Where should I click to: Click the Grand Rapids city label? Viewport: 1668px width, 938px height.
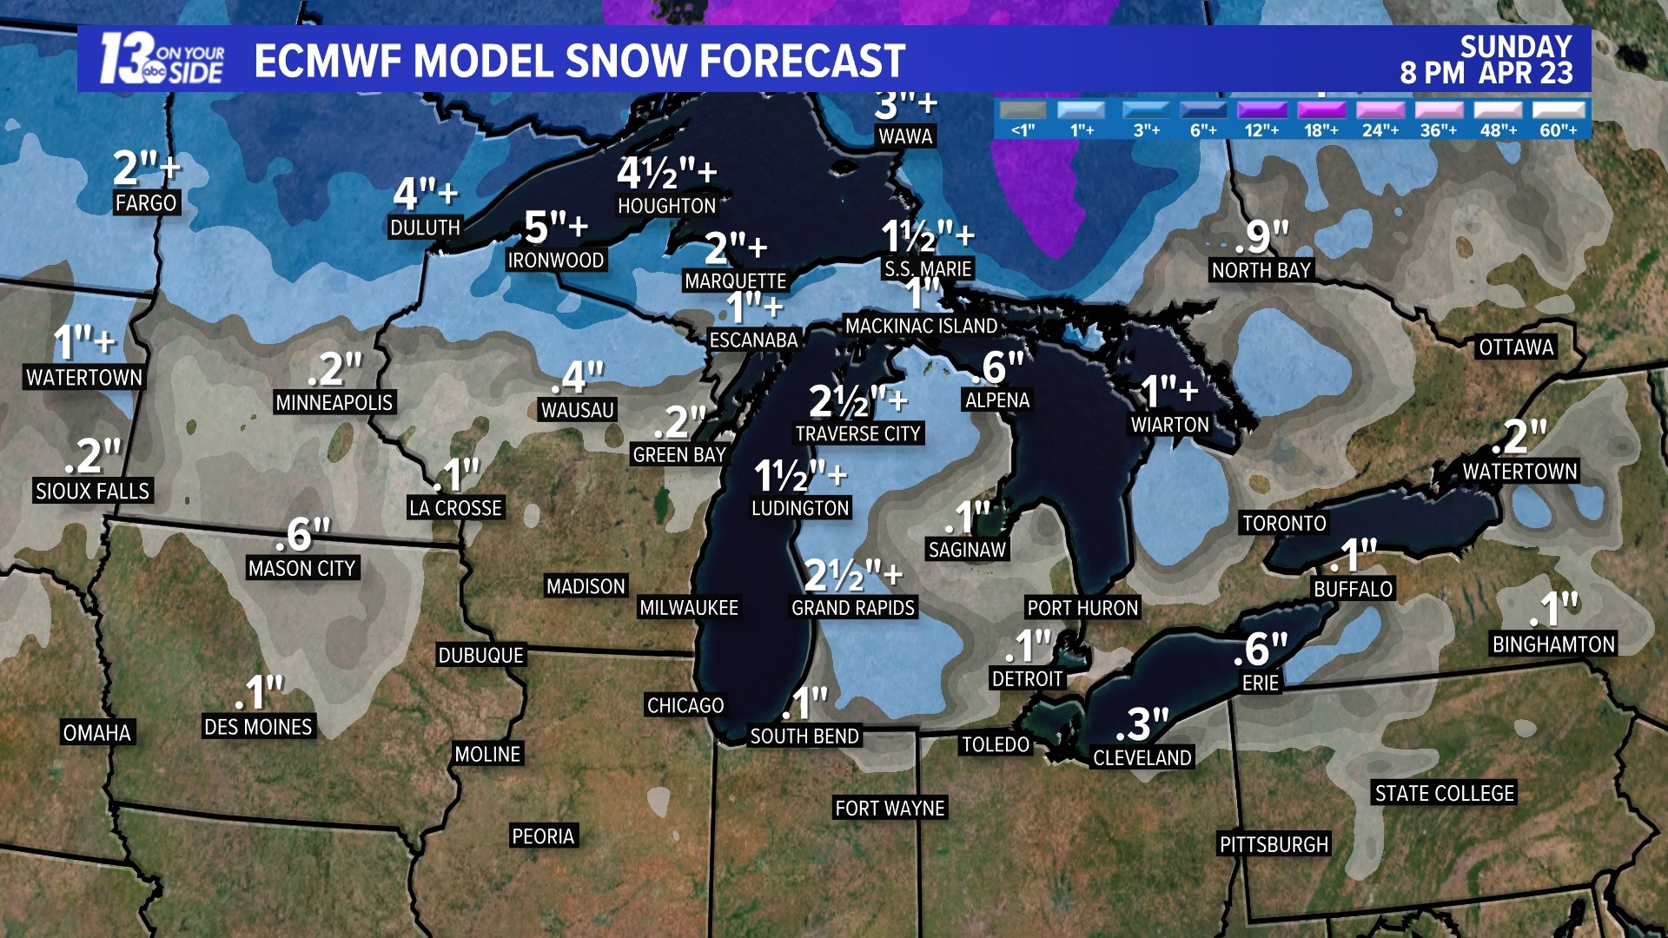point(853,608)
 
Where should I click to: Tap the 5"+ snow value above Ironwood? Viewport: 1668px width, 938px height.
point(556,228)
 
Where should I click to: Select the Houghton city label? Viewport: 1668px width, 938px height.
point(666,206)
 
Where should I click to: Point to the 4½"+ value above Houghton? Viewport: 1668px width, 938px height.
point(666,173)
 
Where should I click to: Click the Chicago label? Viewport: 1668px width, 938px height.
point(685,705)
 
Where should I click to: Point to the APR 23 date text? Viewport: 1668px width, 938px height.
point(1526,73)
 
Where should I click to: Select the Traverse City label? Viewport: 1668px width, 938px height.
point(857,433)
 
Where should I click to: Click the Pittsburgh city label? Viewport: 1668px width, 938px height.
point(1274,844)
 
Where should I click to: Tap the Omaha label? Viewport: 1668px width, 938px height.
point(97,733)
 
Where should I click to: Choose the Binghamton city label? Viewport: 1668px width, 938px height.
point(1553,644)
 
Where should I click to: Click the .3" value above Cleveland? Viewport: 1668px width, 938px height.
point(1142,723)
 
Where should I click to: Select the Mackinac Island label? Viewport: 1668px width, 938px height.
point(921,327)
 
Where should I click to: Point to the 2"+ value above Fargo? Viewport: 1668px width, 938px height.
point(146,168)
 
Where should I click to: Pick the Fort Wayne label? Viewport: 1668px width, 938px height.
point(890,809)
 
